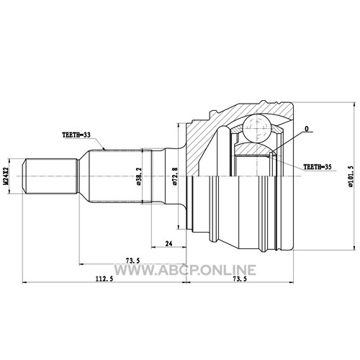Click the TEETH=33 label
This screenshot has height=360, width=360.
pos(76,135)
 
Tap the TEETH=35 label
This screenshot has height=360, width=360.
pos(318,167)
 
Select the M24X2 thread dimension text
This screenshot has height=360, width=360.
pos(6,176)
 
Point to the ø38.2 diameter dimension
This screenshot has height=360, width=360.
pos(139,176)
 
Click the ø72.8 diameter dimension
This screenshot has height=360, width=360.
pos(175,176)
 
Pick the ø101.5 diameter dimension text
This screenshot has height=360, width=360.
pos(350,176)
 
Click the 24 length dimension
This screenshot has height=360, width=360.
pos(169,243)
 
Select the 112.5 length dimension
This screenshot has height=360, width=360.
pos(104,279)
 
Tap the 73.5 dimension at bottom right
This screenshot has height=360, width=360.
pos(240,279)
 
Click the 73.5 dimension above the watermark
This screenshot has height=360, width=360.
pos(132,261)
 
